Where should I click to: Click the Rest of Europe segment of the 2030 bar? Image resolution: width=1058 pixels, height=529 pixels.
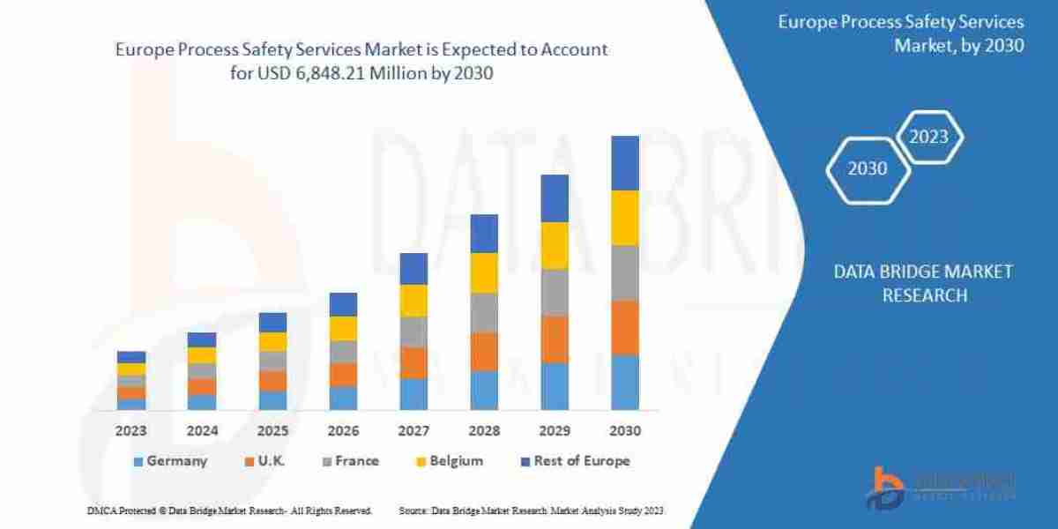coord(625,163)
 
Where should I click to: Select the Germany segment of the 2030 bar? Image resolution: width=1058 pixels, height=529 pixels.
coord(625,382)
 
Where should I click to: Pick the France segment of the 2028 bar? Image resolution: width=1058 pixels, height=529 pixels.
coord(484,312)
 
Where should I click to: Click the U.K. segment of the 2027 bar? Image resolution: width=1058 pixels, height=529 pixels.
coord(414,362)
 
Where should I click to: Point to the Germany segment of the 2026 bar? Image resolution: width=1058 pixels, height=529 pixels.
coord(343,398)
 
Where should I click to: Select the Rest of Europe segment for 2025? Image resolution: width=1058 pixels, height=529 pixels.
coord(272,322)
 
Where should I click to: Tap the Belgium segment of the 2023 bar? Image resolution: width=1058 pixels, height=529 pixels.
coord(131,369)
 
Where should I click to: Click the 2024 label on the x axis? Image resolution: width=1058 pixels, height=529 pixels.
coord(202,432)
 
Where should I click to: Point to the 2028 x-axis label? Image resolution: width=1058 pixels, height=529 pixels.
coord(484,432)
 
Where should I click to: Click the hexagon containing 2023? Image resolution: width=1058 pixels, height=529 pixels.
coord(928,137)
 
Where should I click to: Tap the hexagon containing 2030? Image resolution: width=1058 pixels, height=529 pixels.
coord(868,168)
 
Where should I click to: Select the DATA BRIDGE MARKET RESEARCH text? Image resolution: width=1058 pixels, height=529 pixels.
coord(923,283)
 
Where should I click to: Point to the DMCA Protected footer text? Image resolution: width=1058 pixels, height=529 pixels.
coord(229,510)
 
